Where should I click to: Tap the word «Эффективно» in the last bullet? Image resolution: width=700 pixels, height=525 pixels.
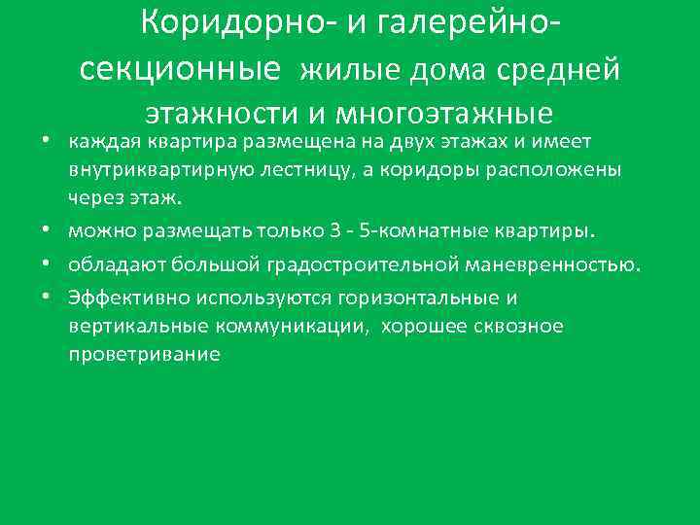pyautogui.click(x=123, y=297)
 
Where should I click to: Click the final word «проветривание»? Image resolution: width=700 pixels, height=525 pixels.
pyautogui.click(x=145, y=355)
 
